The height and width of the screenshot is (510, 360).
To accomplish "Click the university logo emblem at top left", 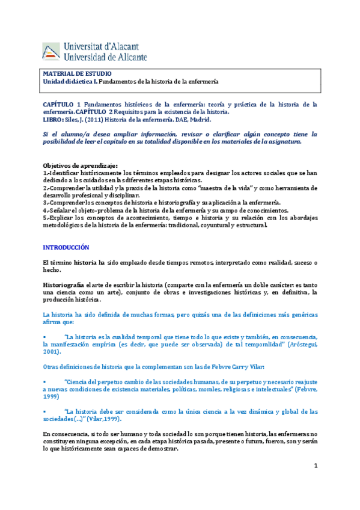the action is (x=50, y=52).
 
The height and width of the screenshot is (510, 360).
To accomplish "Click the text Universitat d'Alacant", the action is (x=103, y=46).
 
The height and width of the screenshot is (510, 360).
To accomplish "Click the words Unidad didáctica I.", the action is (x=69, y=81).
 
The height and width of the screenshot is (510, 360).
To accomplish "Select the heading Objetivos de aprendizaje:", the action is (x=81, y=165).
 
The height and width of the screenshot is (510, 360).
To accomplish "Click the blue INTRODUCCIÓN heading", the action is (x=66, y=247).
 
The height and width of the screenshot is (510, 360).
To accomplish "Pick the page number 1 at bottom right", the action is (x=314, y=467).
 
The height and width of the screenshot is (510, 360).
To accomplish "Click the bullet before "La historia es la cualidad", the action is (x=44, y=337).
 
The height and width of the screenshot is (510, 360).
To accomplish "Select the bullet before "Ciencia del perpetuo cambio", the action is (x=44, y=382).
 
